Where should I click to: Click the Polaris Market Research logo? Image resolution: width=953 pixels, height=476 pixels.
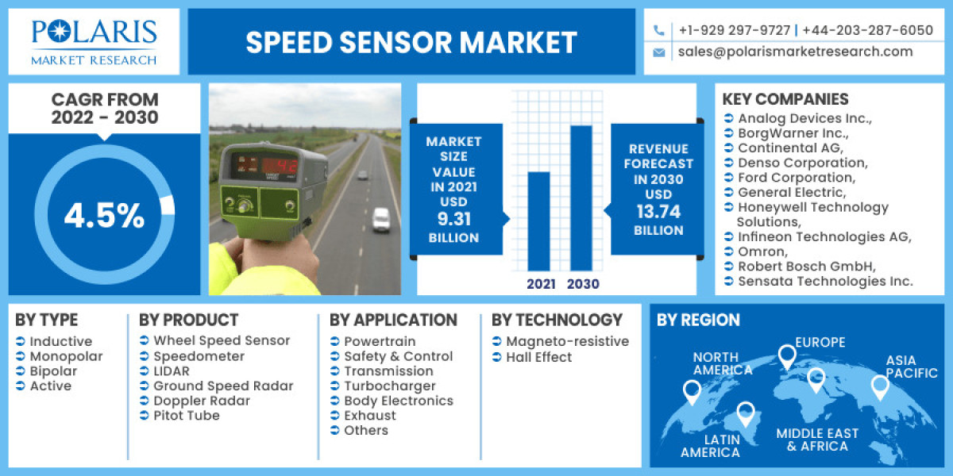(x=94, y=41)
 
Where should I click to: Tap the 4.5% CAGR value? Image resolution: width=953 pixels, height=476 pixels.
(x=104, y=216)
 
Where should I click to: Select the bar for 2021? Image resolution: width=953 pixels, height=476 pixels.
(x=539, y=221)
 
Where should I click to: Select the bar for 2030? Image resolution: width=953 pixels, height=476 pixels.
(x=581, y=198)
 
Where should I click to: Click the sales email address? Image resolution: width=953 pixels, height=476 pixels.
(x=795, y=52)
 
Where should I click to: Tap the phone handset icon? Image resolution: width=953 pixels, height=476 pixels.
(x=659, y=30)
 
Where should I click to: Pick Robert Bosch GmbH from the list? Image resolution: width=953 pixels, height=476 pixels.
(x=806, y=266)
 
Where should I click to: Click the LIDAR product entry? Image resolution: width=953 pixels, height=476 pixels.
(x=172, y=370)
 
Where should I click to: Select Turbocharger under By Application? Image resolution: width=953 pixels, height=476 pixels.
(x=389, y=386)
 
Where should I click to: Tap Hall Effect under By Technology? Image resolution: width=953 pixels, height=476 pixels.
(x=538, y=357)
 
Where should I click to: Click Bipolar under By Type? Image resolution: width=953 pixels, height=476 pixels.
(x=53, y=370)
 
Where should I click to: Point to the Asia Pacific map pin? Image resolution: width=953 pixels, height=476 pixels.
(x=879, y=386)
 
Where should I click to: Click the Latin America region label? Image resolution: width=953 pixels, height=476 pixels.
(x=711, y=445)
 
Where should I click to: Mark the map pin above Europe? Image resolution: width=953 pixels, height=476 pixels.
(x=786, y=356)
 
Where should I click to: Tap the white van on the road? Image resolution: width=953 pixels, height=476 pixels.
(x=381, y=219)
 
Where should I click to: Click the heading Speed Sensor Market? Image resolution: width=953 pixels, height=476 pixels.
(x=411, y=42)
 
